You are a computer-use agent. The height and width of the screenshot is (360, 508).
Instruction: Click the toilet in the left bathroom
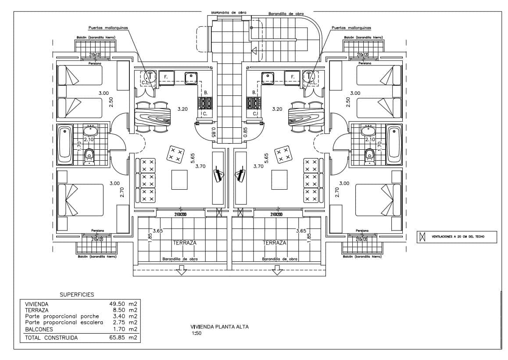click(89, 155)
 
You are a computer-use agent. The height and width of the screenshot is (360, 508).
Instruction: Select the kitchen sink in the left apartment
click(191, 78)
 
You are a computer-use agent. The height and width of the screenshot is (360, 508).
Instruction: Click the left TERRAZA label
click(185, 242)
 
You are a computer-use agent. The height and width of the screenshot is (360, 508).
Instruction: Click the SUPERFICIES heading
click(77, 295)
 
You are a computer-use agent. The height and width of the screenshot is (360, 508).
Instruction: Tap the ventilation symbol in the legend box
click(422, 237)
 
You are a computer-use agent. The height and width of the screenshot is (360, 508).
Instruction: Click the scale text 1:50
click(196, 334)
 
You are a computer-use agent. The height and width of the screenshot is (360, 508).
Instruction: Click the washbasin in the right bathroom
click(368, 130)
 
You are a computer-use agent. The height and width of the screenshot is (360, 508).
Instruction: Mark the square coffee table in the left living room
click(179, 179)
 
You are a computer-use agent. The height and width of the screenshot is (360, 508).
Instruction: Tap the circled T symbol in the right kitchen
click(310, 76)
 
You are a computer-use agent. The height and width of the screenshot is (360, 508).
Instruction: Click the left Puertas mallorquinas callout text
click(108, 27)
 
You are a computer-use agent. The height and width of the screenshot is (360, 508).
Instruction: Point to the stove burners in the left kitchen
click(205, 104)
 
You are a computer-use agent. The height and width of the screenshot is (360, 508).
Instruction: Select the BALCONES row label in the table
click(39, 329)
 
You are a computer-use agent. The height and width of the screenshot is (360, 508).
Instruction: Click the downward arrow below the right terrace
click(276, 271)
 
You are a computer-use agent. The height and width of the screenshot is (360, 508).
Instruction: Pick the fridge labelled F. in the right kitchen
click(291, 77)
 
